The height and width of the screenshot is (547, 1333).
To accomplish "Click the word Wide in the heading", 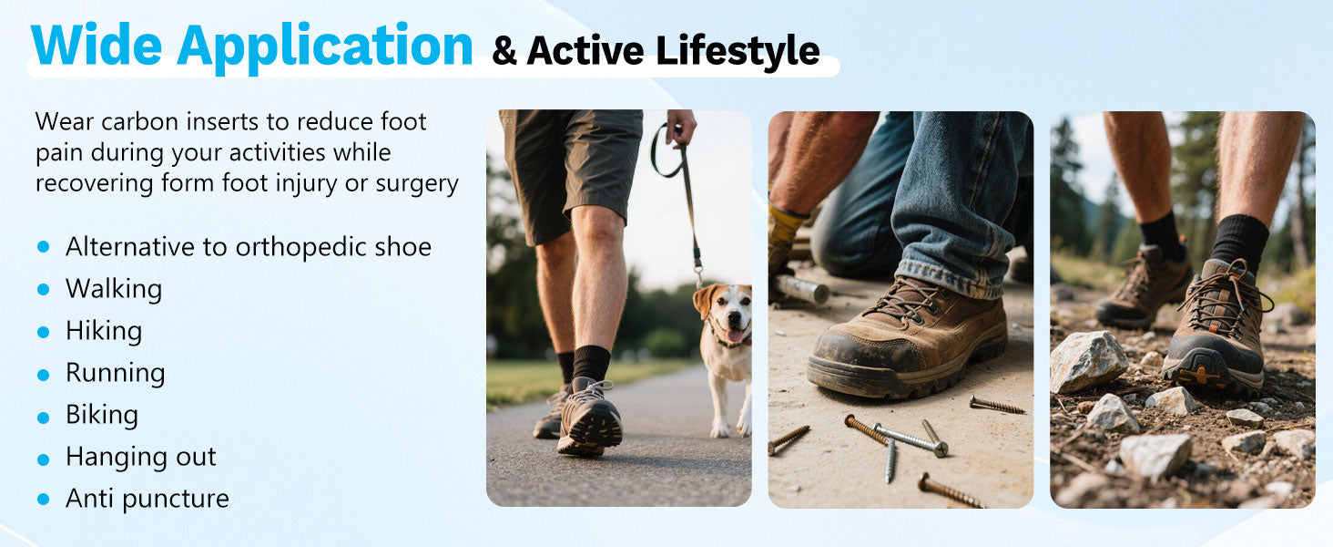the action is (x=97, y=45).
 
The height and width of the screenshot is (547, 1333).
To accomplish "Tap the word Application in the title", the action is (x=325, y=48).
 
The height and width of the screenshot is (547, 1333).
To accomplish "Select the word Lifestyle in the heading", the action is (x=738, y=51).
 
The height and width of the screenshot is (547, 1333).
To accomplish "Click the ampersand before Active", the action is (x=504, y=51).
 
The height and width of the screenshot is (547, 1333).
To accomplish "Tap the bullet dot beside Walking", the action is (x=44, y=289).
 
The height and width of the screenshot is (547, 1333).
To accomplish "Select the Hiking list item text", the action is (x=104, y=331).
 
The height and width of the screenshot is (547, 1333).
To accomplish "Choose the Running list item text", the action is (x=116, y=374).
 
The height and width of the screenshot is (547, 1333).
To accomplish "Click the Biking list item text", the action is (x=102, y=416).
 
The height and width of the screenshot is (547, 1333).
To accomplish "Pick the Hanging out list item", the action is (x=141, y=457).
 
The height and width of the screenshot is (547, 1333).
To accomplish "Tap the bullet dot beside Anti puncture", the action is (x=44, y=499).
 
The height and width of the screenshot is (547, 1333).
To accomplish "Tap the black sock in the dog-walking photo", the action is (x=591, y=364).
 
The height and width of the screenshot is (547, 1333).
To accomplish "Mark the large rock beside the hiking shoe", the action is (x=1088, y=361).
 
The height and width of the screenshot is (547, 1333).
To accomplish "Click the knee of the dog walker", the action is (x=597, y=230).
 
